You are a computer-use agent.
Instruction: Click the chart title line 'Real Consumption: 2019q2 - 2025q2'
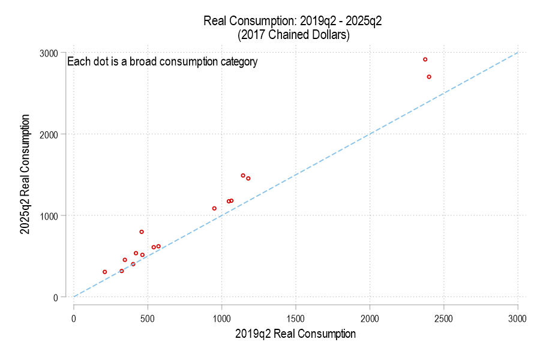(x=293, y=21)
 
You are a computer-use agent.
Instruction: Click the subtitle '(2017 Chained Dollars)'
(x=293, y=35)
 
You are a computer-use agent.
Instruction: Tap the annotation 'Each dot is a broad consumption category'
(x=162, y=61)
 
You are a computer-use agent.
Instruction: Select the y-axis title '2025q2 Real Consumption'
(x=25, y=175)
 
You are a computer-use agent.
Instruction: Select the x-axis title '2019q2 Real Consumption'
(x=295, y=334)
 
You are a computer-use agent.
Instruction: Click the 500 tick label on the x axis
(x=148, y=317)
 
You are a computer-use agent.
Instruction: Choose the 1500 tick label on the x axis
(x=296, y=317)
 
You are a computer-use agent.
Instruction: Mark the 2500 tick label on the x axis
(x=444, y=317)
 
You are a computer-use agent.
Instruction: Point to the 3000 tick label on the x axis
(x=518, y=317)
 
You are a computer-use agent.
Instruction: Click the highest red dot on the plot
(x=425, y=59)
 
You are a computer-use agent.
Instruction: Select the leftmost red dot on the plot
(x=104, y=272)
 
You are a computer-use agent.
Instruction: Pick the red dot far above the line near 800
(x=142, y=232)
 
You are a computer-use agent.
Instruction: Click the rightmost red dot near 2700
(x=429, y=77)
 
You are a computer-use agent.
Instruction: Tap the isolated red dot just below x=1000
(x=214, y=208)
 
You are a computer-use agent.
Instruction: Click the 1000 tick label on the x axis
(x=222, y=317)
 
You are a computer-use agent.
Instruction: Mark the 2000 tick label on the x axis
(x=370, y=317)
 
